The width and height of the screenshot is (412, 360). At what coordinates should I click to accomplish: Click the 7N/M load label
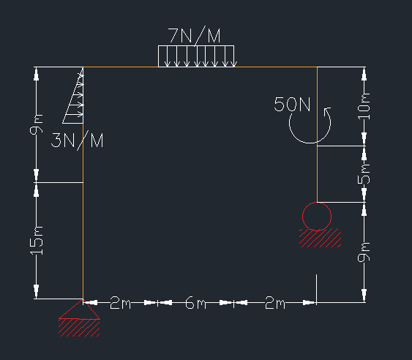click(x=194, y=36)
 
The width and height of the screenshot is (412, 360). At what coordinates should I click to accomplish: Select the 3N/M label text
click(x=78, y=140)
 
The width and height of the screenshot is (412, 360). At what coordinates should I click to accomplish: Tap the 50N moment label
click(x=292, y=105)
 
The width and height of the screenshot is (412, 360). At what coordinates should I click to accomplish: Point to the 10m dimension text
click(x=364, y=106)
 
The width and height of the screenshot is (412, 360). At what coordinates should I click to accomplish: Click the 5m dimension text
click(x=364, y=174)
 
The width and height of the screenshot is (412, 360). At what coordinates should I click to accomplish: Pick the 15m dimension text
click(x=37, y=241)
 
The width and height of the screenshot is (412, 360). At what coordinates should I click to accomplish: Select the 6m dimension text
click(x=195, y=303)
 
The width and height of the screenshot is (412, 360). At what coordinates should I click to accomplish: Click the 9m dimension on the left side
click(x=37, y=124)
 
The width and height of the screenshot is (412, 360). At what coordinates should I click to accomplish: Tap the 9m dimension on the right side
click(x=364, y=252)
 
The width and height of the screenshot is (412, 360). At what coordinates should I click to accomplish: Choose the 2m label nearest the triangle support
click(x=120, y=303)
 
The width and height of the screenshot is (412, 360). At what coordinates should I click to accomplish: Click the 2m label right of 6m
click(x=275, y=303)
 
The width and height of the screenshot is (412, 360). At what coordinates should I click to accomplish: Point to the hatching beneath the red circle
click(x=321, y=238)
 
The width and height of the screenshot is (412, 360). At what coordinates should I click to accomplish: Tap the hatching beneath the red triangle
click(x=79, y=328)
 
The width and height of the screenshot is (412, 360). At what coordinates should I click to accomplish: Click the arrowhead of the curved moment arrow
click(x=327, y=111)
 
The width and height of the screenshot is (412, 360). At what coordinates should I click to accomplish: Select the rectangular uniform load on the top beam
click(x=196, y=56)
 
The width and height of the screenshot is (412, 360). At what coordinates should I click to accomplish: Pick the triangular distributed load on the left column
click(x=73, y=95)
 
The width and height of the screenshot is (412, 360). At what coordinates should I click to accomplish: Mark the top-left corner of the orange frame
click(x=83, y=67)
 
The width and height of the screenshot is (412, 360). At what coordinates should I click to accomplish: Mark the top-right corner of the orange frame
click(x=317, y=67)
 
